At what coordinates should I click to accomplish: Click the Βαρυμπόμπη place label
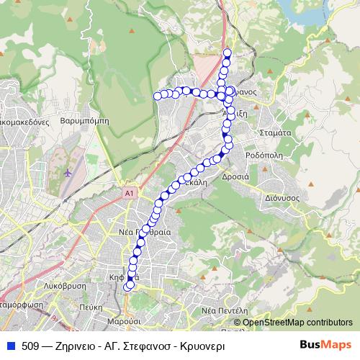[x=85, y=121]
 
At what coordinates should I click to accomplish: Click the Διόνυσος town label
[x=282, y=195]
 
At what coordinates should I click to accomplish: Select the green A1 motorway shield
[x=129, y=194]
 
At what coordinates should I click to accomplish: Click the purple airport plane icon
[x=68, y=173]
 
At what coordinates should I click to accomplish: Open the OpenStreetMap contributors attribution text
[x=297, y=323]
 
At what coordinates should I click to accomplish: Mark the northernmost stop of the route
[x=228, y=52]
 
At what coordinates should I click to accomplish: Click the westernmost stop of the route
[x=157, y=95]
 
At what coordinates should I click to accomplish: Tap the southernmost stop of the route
[x=127, y=287]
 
